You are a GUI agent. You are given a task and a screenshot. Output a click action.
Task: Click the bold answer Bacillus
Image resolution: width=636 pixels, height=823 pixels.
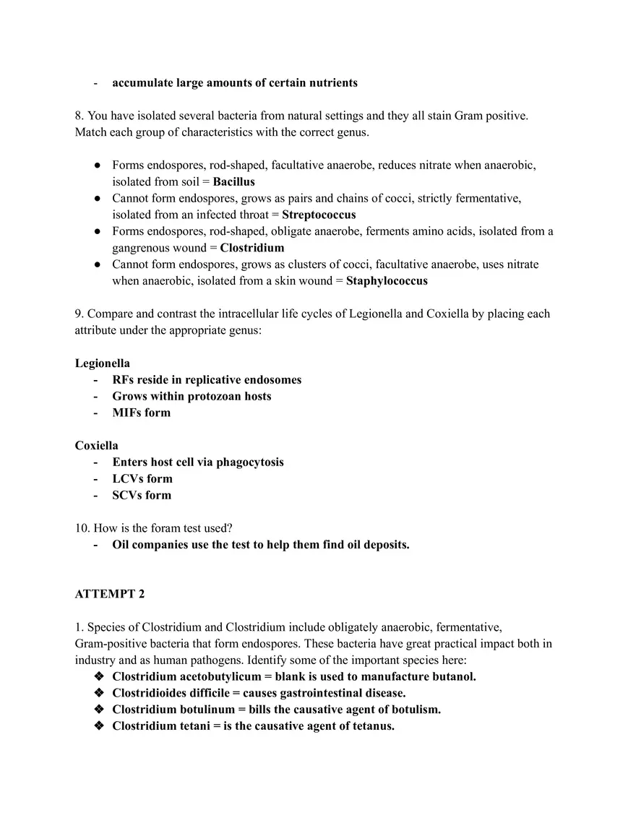pos(233,182)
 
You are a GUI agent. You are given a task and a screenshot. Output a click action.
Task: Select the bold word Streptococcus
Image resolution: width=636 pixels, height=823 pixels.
pos(319,215)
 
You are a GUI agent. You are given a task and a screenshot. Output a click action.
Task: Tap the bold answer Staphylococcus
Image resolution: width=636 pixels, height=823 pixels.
pos(387,281)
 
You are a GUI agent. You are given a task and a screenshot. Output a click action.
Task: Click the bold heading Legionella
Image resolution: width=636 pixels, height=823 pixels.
pos(103,363)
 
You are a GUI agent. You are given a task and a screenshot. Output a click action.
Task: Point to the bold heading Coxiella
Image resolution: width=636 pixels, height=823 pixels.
pos(97,446)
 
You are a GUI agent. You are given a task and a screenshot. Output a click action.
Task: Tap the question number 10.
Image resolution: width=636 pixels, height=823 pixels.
pos(82,528)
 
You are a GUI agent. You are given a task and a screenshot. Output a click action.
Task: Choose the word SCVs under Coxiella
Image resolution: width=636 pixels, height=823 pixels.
pos(128,496)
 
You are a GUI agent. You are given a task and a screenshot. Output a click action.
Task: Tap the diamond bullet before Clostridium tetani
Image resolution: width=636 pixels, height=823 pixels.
pos(99,726)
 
